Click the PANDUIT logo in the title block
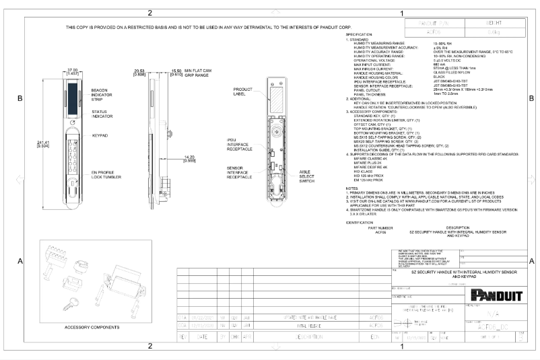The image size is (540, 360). click(x=494, y=295)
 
